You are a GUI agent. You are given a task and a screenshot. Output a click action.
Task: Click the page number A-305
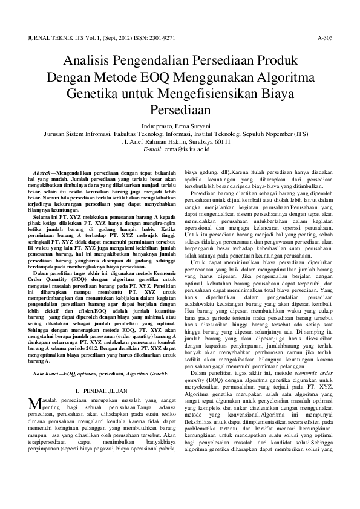point(325,37)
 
